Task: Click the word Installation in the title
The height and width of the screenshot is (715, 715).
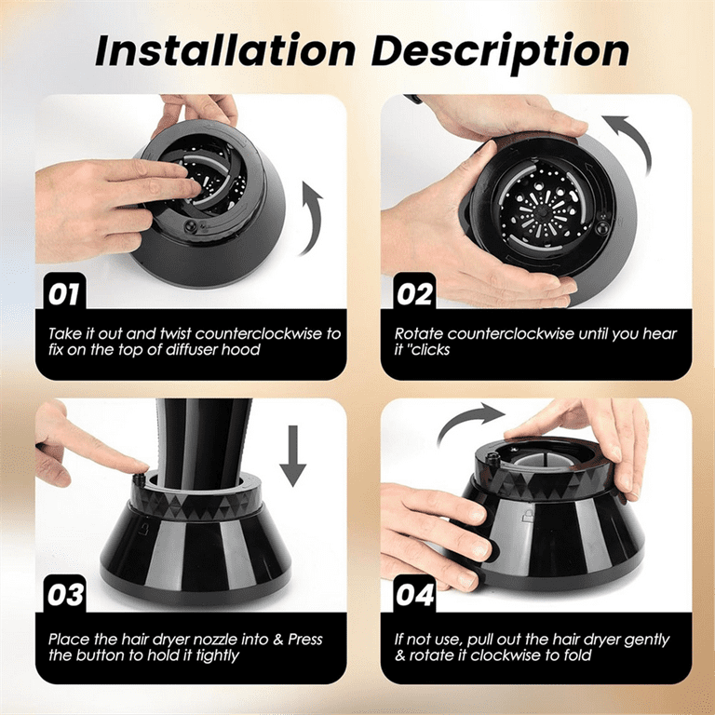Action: [x=223, y=51]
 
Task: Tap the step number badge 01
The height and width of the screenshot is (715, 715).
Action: [x=63, y=295]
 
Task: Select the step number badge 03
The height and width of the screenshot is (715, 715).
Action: [x=63, y=593]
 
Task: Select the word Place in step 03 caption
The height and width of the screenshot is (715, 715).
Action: [x=70, y=640]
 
